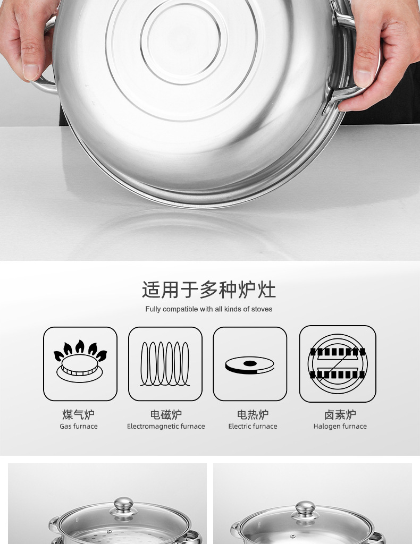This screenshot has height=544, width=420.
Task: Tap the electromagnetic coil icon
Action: click(165, 363)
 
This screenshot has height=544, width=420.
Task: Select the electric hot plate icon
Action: click(250, 364)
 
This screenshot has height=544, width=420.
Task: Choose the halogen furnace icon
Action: click(338, 363)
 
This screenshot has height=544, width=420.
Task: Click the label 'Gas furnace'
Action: click(79, 426)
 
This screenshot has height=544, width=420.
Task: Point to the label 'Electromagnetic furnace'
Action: click(166, 426)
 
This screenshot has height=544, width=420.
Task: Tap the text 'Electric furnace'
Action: click(253, 426)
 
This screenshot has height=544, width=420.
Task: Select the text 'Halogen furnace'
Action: click(340, 426)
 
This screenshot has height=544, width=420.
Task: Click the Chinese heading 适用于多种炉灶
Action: click(209, 290)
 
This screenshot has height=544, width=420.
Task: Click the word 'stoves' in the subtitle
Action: click(262, 309)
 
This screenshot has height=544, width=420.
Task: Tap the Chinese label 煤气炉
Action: click(79, 414)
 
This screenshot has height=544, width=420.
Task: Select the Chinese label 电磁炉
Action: click(166, 414)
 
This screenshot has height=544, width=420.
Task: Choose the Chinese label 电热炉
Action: click(253, 414)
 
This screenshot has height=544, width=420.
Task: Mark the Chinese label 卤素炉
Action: click(340, 414)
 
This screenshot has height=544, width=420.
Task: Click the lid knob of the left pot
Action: click(123, 504)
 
